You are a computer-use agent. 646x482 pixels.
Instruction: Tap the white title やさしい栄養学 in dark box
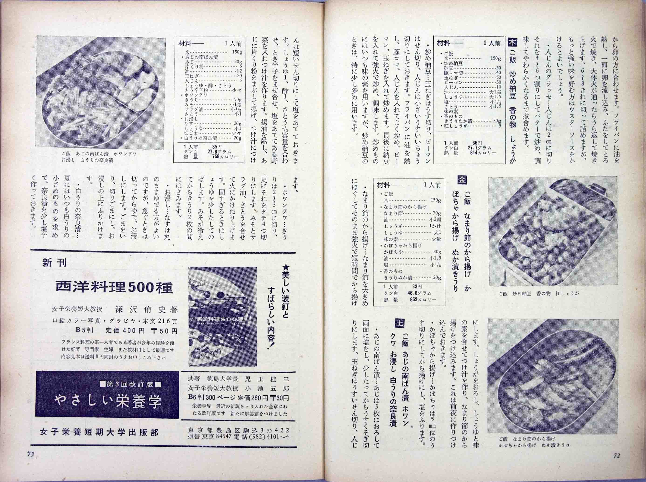coord(108,402)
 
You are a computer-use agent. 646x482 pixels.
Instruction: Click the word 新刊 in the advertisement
coord(55,263)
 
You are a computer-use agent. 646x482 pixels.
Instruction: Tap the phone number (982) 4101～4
coord(266,436)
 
